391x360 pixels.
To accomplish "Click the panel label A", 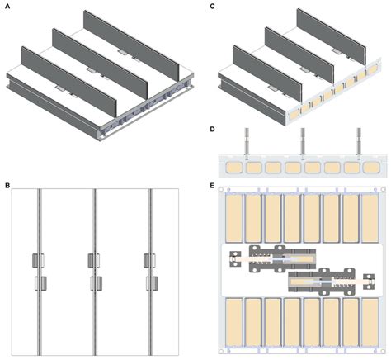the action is pyautogui.click(x=7, y=7).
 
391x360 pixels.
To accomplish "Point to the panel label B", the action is pyautogui.click(x=7, y=185).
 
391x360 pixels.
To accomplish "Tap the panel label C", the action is pyautogui.click(x=212, y=7).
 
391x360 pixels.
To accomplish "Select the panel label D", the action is pyautogui.click(x=212, y=129).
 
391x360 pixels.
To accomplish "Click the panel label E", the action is pyautogui.click(x=212, y=185).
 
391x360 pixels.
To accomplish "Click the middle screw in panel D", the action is pyautogui.click(x=303, y=143).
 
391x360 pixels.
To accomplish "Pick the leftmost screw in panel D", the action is pyautogui.click(x=247, y=143).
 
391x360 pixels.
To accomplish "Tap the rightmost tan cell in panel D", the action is pyautogui.click(x=372, y=168).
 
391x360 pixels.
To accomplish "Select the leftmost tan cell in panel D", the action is pyautogui.click(x=233, y=168).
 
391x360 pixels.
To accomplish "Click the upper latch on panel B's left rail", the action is pyautogui.click(x=38, y=261).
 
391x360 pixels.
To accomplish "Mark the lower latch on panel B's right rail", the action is pyautogui.click(x=152, y=283).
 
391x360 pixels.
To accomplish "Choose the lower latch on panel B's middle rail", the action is pyautogui.click(x=97, y=283).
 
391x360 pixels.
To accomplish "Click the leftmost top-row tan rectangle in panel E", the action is pyautogui.click(x=233, y=218).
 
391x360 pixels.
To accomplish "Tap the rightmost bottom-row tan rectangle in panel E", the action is pyautogui.click(x=370, y=322).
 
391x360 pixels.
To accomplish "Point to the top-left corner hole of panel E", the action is pyautogui.click(x=220, y=189).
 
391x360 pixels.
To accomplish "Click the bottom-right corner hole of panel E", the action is pyautogui.click(x=383, y=351).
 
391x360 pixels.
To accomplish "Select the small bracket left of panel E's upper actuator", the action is pyautogui.click(x=235, y=259).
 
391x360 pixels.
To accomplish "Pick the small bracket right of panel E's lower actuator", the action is pyautogui.click(x=369, y=282).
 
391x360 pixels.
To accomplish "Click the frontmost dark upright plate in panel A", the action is pyautogui.click(x=68, y=82).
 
